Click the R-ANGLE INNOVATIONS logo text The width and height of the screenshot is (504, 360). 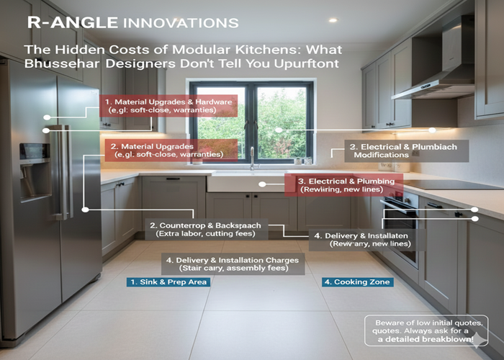coord(132,22)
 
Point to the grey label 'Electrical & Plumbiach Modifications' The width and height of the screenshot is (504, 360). coord(400,150)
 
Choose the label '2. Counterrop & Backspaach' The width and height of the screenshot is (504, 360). coord(204,230)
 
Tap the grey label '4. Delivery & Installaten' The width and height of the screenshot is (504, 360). coord(367,240)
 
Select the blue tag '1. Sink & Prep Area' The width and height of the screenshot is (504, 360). coord(167,282)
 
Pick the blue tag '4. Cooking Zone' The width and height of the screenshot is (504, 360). coord(357,282)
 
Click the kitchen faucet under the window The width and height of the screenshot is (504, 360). coord(253,160)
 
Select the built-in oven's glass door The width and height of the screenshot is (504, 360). coord(399,230)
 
